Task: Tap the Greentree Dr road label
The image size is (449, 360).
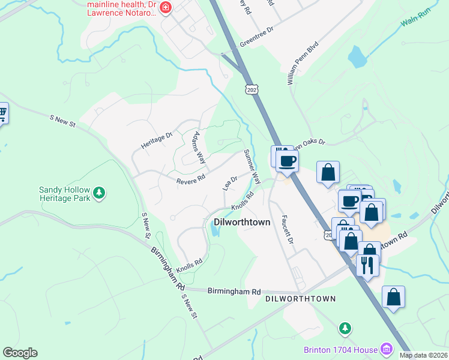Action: tap(256, 37)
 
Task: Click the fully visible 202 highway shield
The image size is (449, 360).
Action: tap(250, 89)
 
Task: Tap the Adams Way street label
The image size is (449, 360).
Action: tap(199, 148)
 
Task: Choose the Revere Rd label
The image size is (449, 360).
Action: tap(191, 179)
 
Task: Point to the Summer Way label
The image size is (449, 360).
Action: tap(252, 166)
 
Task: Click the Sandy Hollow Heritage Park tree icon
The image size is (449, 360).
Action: tap(99, 193)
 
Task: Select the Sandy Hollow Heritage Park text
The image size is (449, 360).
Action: tap(64, 193)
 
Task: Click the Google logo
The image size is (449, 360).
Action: tap(20, 353)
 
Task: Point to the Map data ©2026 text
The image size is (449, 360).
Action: tap(423, 355)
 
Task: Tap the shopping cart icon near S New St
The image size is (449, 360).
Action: tap(2, 112)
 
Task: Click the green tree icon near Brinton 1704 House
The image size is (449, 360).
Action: tap(345, 328)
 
